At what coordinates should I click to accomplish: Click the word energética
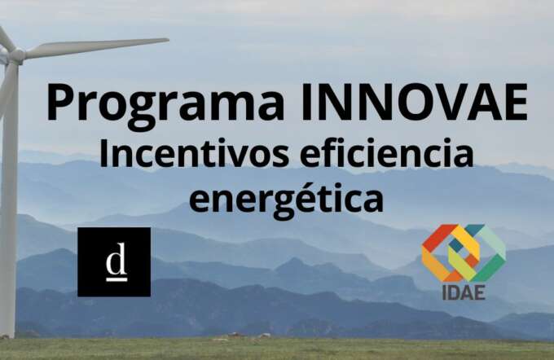click(x=286, y=198)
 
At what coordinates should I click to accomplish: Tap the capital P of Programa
click(x=61, y=103)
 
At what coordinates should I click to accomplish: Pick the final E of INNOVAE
click(x=513, y=103)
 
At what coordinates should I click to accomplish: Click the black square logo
click(x=114, y=261)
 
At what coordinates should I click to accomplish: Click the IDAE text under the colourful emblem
click(x=464, y=291)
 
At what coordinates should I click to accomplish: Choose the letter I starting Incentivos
click(x=104, y=153)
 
